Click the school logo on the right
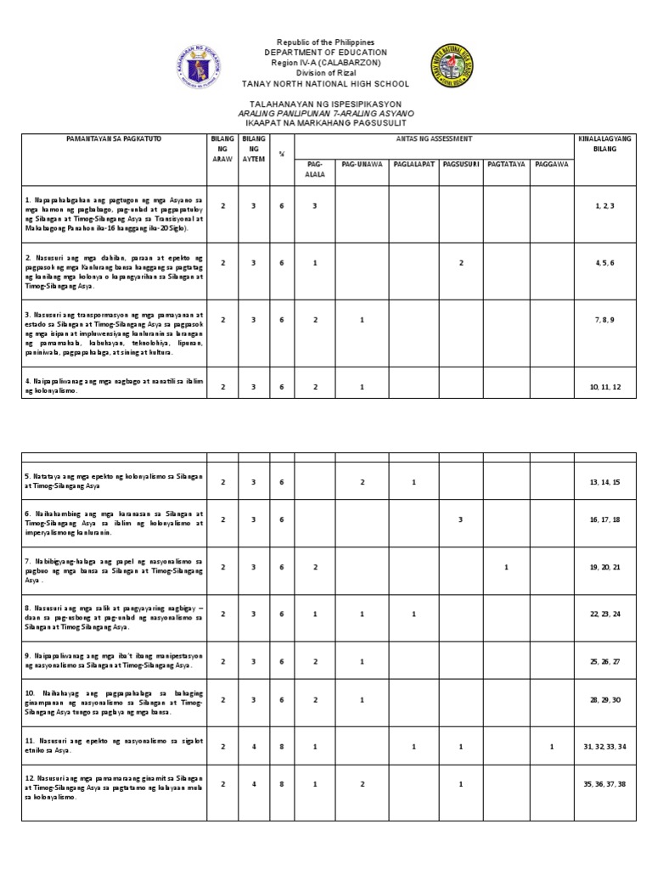[452, 65]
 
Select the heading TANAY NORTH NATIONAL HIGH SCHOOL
[325, 84]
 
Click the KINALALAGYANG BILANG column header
[606, 143]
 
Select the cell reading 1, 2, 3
[605, 206]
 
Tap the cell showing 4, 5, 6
[605, 263]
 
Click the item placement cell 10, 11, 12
[605, 387]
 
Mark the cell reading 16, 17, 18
[605, 519]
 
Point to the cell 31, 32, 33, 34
[605, 747]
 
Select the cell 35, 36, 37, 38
[605, 785]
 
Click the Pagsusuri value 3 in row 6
[460, 519]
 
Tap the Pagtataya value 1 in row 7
[506, 567]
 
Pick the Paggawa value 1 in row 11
[552, 747]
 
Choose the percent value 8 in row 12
[281, 785]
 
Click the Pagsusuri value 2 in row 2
[461, 263]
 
